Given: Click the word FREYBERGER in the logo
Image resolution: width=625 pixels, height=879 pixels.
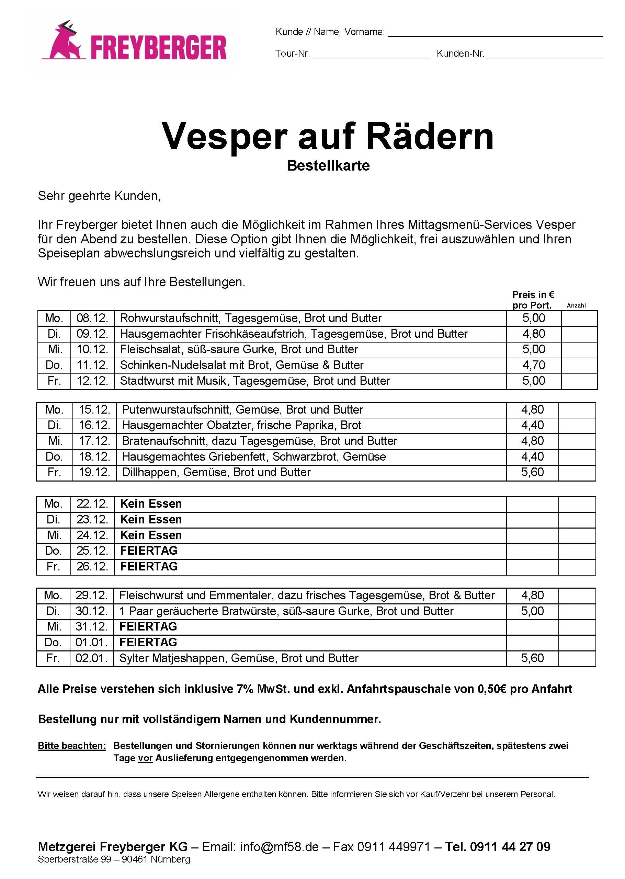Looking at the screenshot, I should pos(159,48).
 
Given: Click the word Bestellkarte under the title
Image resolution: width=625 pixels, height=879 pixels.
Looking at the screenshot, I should pos(328,166).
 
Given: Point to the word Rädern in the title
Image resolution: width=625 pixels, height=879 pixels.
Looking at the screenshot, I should pos(430,137).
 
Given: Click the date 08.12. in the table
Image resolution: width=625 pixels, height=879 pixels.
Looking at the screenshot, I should pos(92,318).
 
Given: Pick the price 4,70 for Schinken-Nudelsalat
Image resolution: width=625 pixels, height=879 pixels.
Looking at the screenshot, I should pos(533,365).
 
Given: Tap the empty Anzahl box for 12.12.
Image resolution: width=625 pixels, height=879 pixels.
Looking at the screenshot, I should pos(579,381).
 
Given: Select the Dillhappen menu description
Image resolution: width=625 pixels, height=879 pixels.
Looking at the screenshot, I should pos(216,472).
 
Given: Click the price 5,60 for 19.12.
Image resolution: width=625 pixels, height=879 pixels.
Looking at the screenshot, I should pos(532,472).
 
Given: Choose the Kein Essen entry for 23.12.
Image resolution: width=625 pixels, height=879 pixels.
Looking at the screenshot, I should pos(151,520).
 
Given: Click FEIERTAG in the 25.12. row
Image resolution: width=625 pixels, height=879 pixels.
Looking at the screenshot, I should pos(149,551).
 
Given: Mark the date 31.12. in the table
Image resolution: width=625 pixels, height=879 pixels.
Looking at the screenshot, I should pos(91,627).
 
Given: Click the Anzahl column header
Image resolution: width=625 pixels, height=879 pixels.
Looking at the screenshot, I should pos(576,306).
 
